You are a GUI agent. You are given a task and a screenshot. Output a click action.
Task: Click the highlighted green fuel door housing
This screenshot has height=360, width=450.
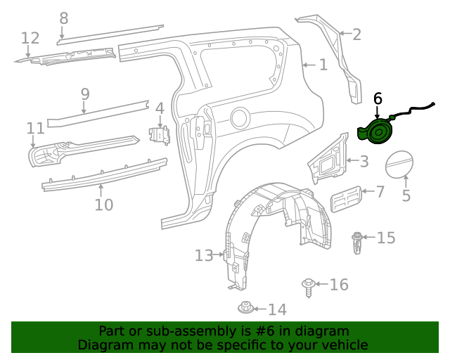376,132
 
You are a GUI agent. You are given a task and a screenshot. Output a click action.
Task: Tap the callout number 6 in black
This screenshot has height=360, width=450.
378,98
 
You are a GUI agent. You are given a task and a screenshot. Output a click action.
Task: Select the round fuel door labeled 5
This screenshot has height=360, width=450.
399,164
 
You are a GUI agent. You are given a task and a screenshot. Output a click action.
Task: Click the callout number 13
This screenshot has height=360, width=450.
204,255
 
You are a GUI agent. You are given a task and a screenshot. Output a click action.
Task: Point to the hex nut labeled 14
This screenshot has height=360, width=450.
245,307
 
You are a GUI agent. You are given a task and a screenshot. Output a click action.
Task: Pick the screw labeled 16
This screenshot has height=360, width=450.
309,288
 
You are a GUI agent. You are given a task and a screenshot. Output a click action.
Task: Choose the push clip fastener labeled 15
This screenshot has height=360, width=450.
356,243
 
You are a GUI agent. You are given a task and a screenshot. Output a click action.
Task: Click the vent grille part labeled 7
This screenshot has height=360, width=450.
346,199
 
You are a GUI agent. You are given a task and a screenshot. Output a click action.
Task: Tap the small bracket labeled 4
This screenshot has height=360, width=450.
160,135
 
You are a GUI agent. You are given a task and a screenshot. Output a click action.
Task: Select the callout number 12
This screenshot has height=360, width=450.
30,38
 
